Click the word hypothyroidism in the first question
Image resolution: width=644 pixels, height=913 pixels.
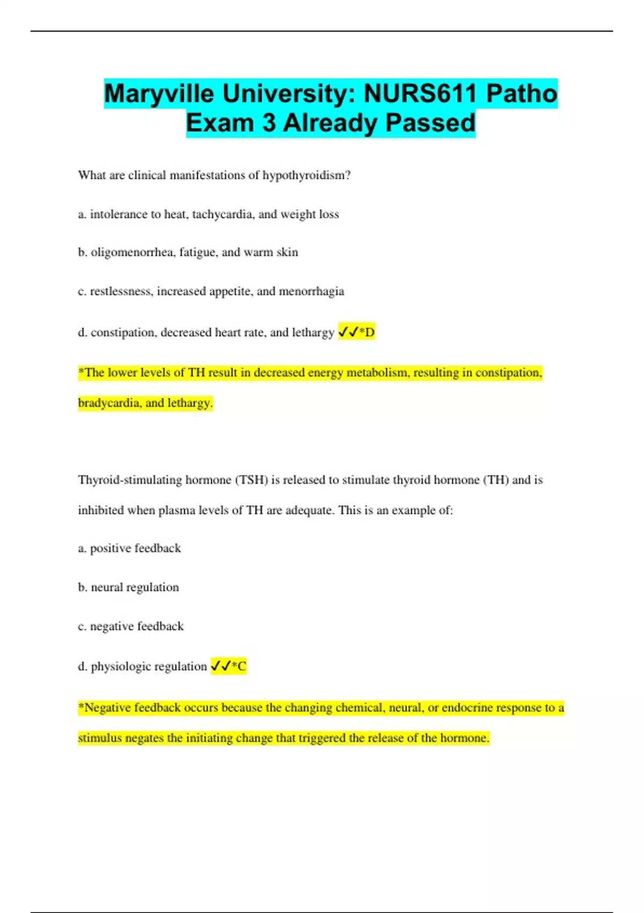306,176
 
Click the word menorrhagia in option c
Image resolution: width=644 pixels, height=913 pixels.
311,291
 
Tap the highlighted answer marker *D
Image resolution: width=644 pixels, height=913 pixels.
367,332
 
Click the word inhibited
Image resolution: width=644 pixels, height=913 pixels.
101,510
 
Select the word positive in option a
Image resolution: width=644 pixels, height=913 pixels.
110,548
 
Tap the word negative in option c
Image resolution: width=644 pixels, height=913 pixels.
112,626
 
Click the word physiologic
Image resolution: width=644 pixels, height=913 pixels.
121,666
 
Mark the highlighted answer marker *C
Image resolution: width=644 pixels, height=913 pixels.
239,666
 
